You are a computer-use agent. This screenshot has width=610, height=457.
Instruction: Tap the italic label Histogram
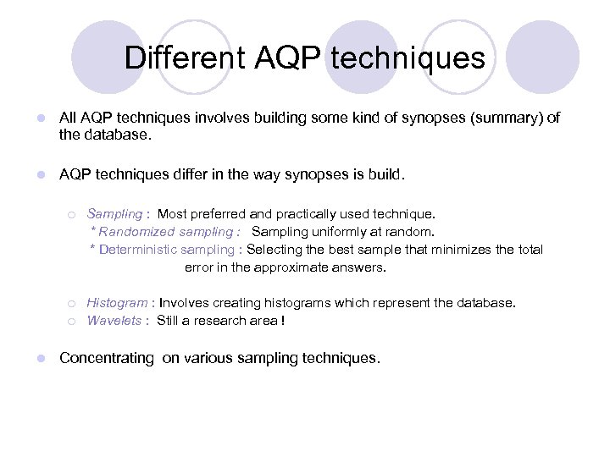pyautogui.click(x=116, y=303)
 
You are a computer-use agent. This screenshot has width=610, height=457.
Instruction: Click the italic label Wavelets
pyautogui.click(x=114, y=321)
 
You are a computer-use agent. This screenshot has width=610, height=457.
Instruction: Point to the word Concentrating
pyautogui.click(x=107, y=358)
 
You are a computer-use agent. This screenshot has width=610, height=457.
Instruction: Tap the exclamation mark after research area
pyautogui.click(x=282, y=321)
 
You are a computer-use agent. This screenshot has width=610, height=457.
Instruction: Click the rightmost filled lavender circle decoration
pyautogui.click(x=542, y=57)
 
